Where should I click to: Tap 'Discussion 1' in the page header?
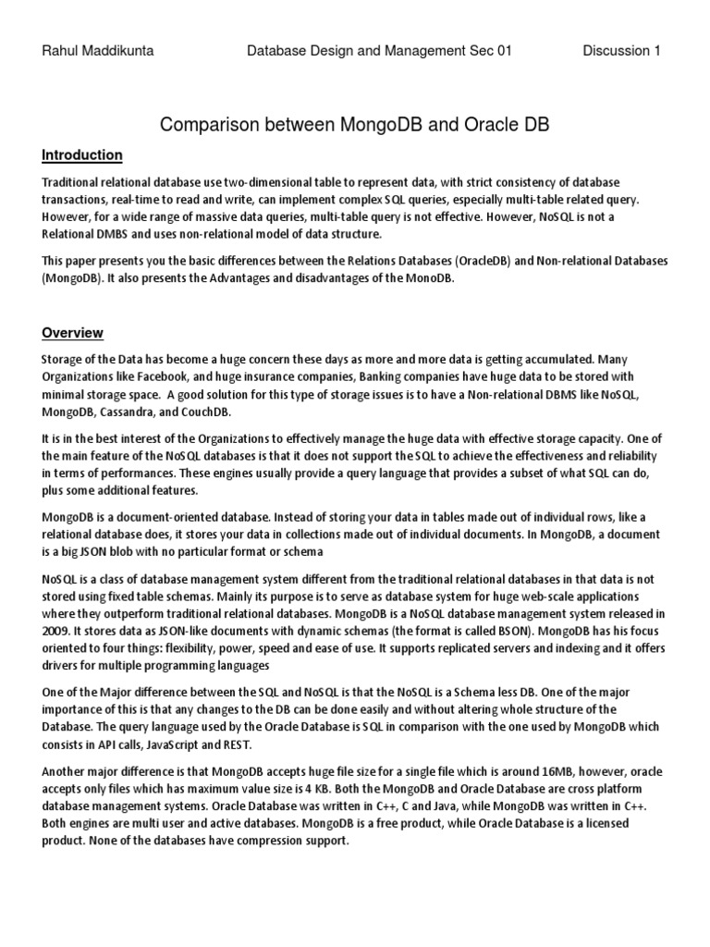click(621, 52)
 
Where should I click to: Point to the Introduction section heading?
click(82, 154)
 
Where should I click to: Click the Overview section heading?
click(73, 332)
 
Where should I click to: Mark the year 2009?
click(57, 630)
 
